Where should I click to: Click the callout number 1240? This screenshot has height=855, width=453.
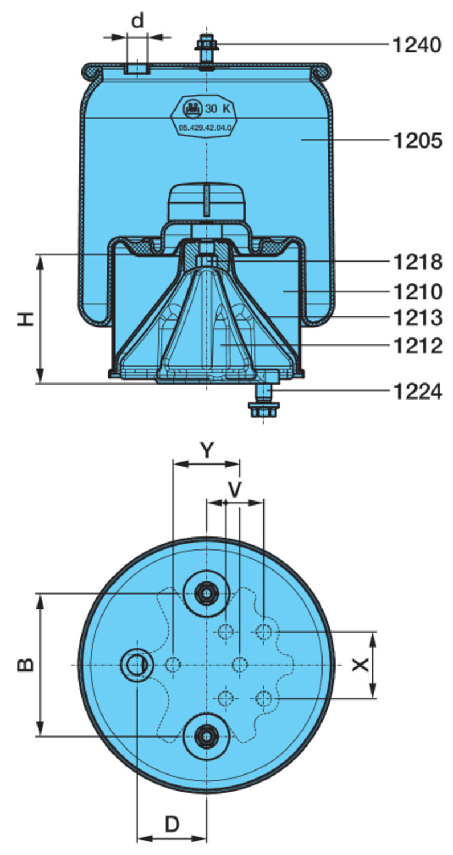coord(417,44)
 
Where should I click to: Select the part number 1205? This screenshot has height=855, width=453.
coord(418,140)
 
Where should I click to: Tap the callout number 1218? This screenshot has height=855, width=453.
coord(418,262)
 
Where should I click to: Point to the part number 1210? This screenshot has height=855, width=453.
coord(418,292)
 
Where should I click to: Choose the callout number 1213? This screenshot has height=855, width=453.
coord(418,318)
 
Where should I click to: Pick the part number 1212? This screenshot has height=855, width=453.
coord(418,345)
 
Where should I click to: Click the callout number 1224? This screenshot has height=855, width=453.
coord(418,392)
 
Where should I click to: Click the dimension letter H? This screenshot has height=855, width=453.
coord(25,319)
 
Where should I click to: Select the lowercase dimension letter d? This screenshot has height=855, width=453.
coord(137,21)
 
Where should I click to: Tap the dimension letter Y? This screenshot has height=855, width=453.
coord(206,450)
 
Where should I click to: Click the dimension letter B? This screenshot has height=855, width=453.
coord(25,665)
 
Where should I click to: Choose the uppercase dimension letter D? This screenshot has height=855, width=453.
coord(172,824)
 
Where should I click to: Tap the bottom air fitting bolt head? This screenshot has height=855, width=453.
coord(263,409)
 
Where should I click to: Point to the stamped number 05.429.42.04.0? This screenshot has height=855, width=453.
coord(205,128)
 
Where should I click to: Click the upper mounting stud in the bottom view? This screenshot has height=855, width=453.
coord(206,593)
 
